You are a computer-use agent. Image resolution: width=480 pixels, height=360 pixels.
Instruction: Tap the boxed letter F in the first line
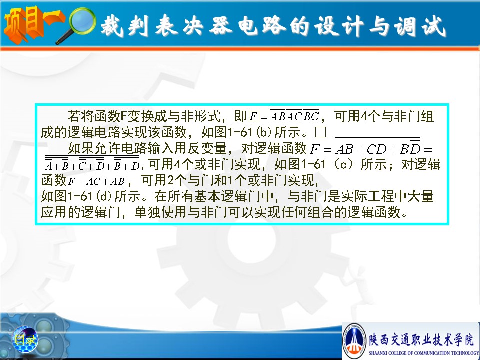254,116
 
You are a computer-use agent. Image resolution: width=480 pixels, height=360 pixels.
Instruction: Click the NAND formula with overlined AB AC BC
294,115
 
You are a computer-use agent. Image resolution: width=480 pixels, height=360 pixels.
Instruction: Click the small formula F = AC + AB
96,180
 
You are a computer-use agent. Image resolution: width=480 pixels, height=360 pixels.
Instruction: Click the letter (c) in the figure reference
344,164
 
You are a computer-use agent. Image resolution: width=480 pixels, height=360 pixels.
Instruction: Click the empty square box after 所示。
320,132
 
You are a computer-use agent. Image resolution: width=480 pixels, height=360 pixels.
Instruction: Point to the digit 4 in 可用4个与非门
364,116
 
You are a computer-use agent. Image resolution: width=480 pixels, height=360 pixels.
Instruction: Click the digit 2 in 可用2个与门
171,180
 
